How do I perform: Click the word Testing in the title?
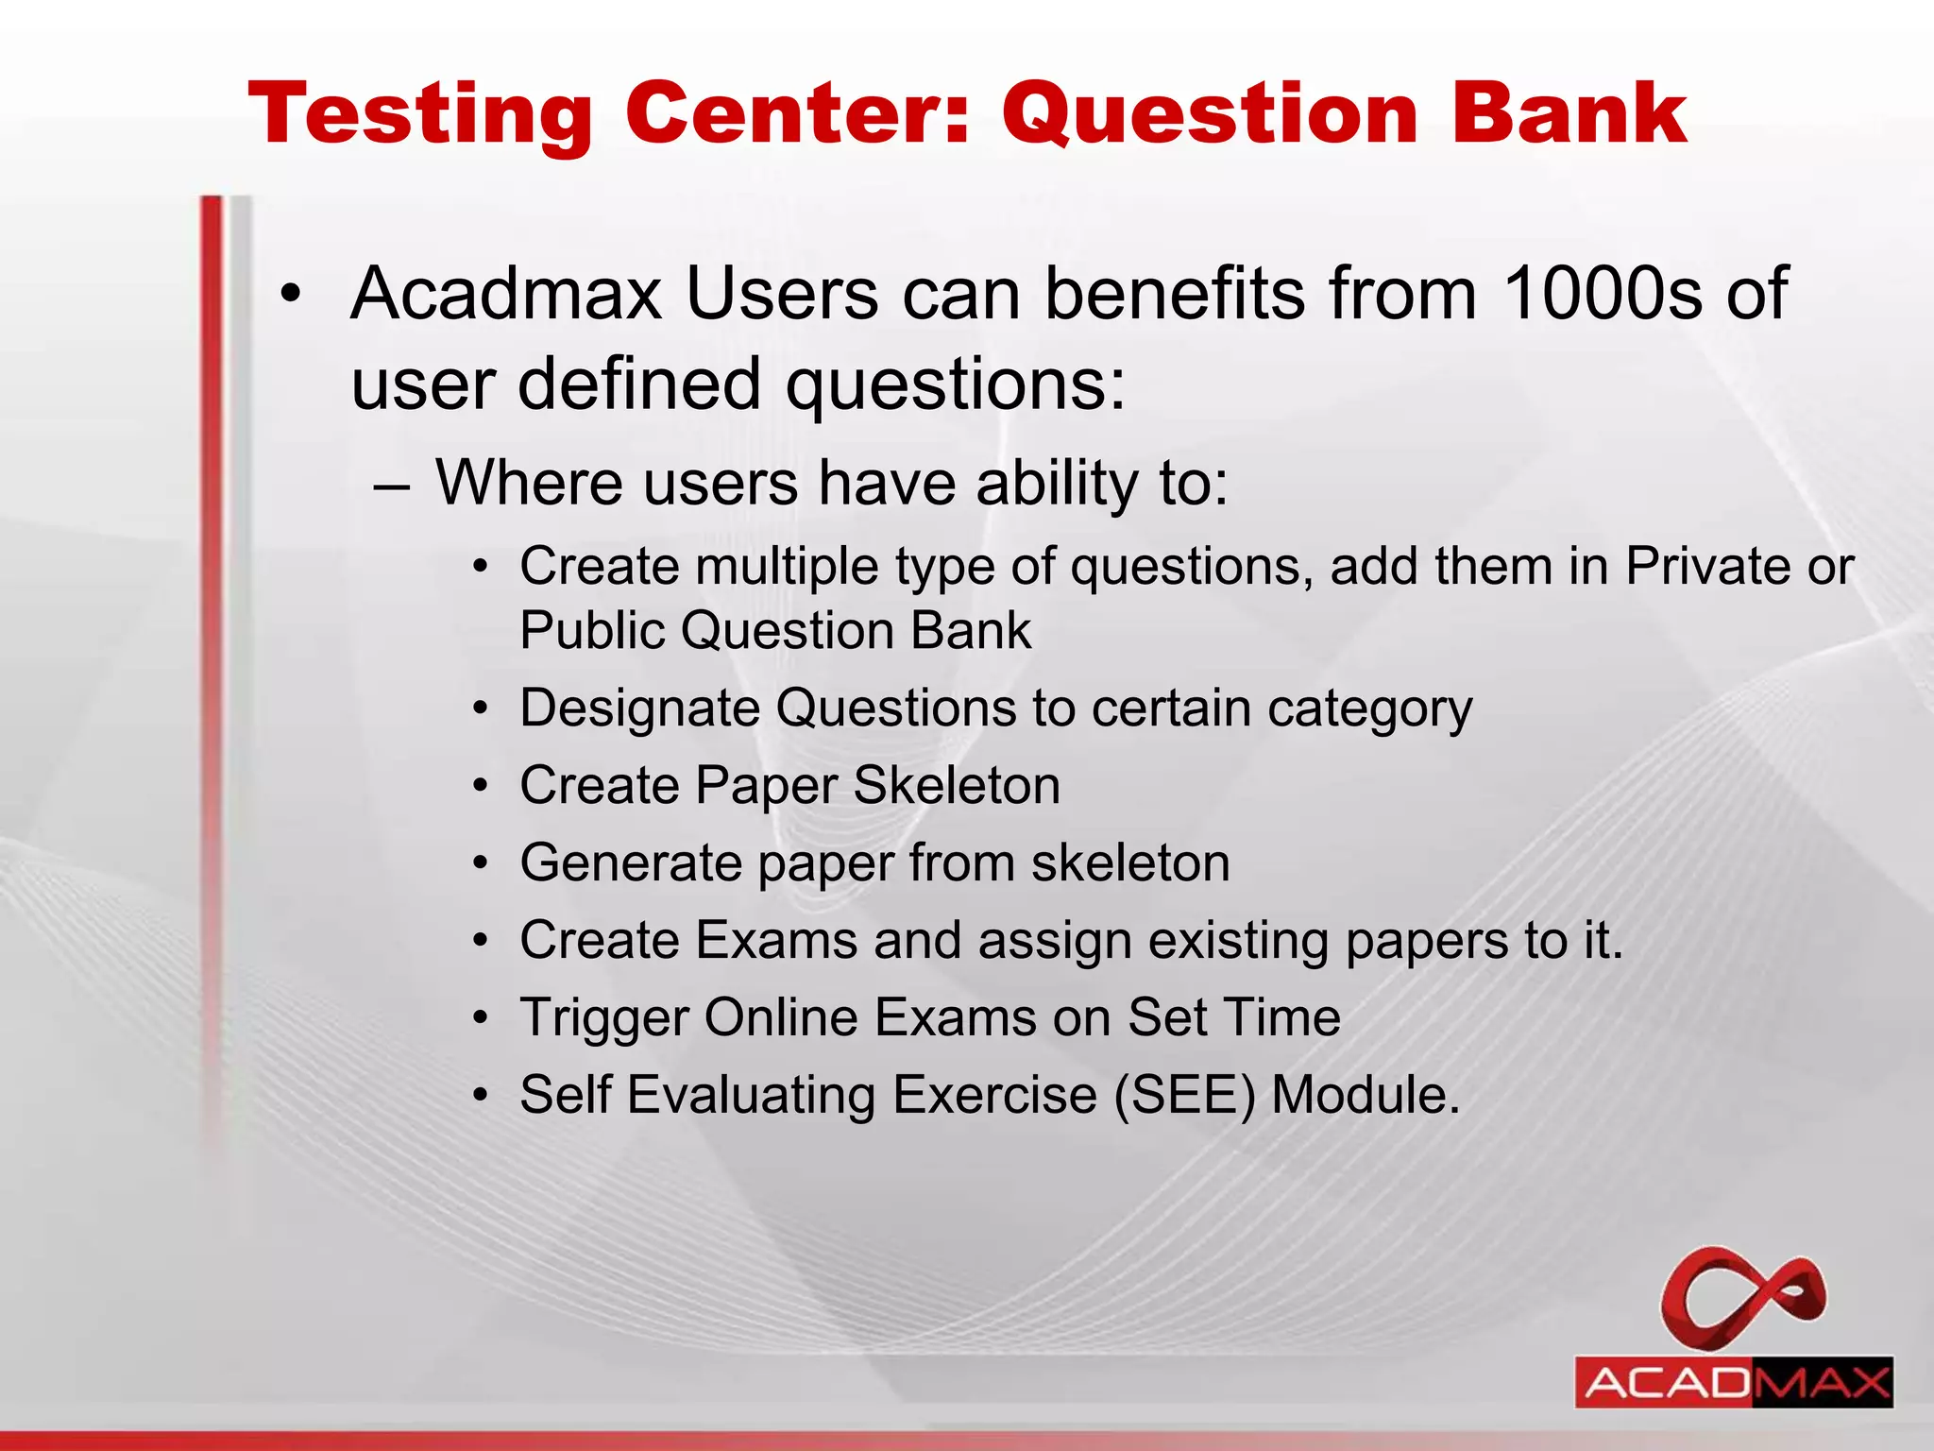point(420,115)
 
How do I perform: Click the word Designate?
point(638,708)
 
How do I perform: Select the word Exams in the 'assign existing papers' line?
point(776,941)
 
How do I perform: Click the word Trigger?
point(604,1018)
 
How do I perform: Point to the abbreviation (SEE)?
point(1185,1096)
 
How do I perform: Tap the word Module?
point(1366,1096)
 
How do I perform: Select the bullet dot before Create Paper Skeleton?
point(482,786)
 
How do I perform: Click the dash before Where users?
point(391,487)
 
